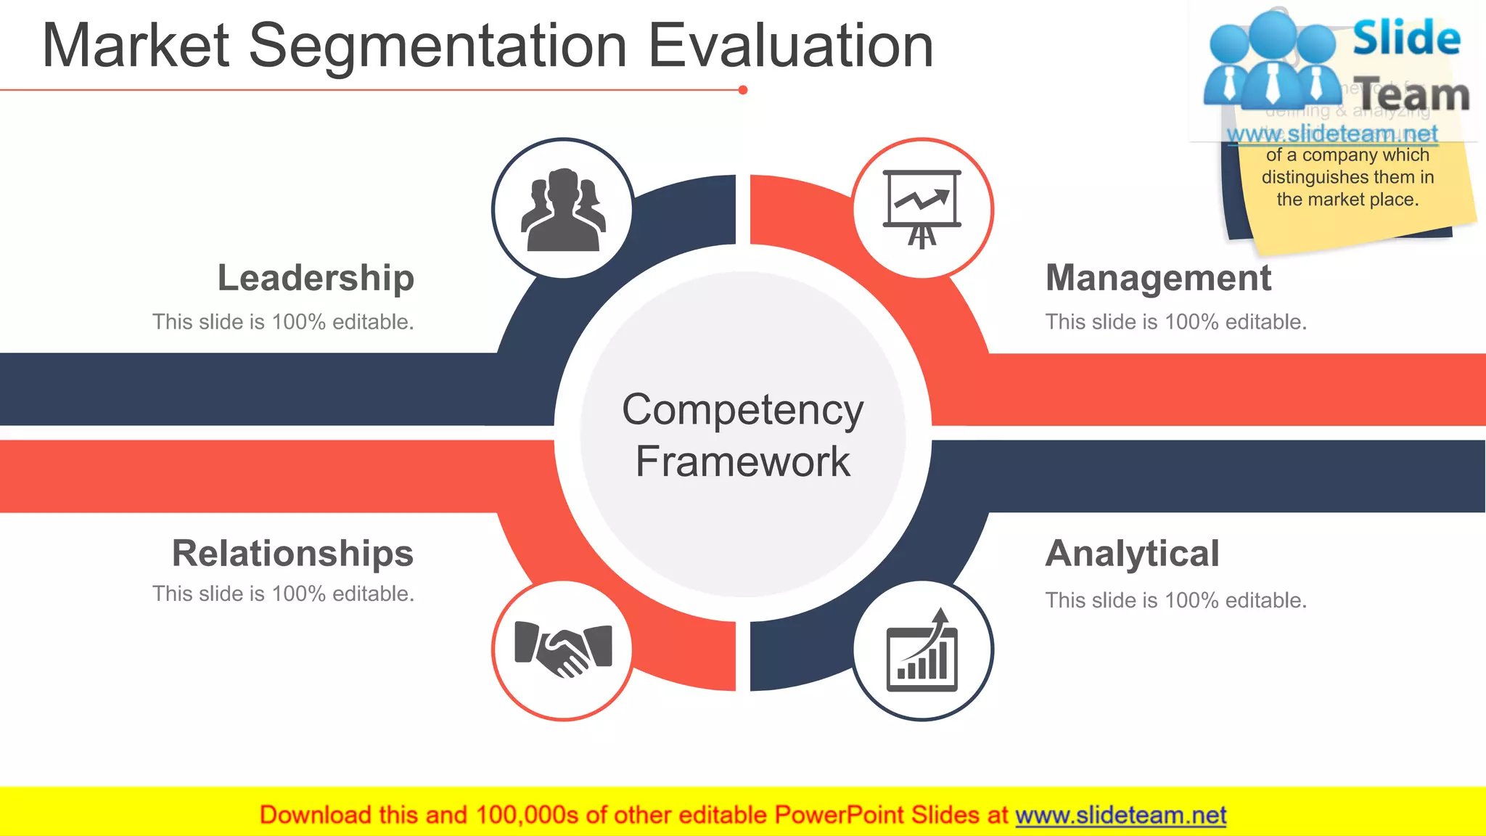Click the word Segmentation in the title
click(438, 46)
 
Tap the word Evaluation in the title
click(789, 46)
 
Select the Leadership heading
click(316, 278)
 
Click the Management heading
click(1158, 278)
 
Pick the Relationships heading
click(292, 554)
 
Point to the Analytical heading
click(1132, 554)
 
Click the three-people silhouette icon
click(563, 209)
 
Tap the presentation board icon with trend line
click(922, 209)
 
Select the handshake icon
click(563, 648)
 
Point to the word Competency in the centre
click(742, 410)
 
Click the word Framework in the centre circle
click(742, 462)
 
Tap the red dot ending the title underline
click(742, 90)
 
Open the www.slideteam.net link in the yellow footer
click(1120, 816)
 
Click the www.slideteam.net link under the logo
click(1331, 134)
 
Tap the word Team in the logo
click(1413, 94)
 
